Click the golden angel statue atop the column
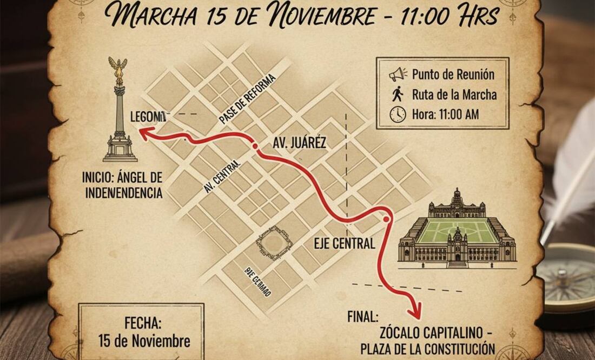click(117, 69)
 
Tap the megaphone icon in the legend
click(398, 75)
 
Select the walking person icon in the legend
click(398, 94)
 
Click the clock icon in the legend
click(398, 114)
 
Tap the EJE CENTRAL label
click(344, 243)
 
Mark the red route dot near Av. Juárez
click(254, 146)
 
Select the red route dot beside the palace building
click(386, 219)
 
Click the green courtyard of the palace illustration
click(457, 231)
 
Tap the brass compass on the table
click(568, 278)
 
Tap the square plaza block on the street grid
click(274, 243)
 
